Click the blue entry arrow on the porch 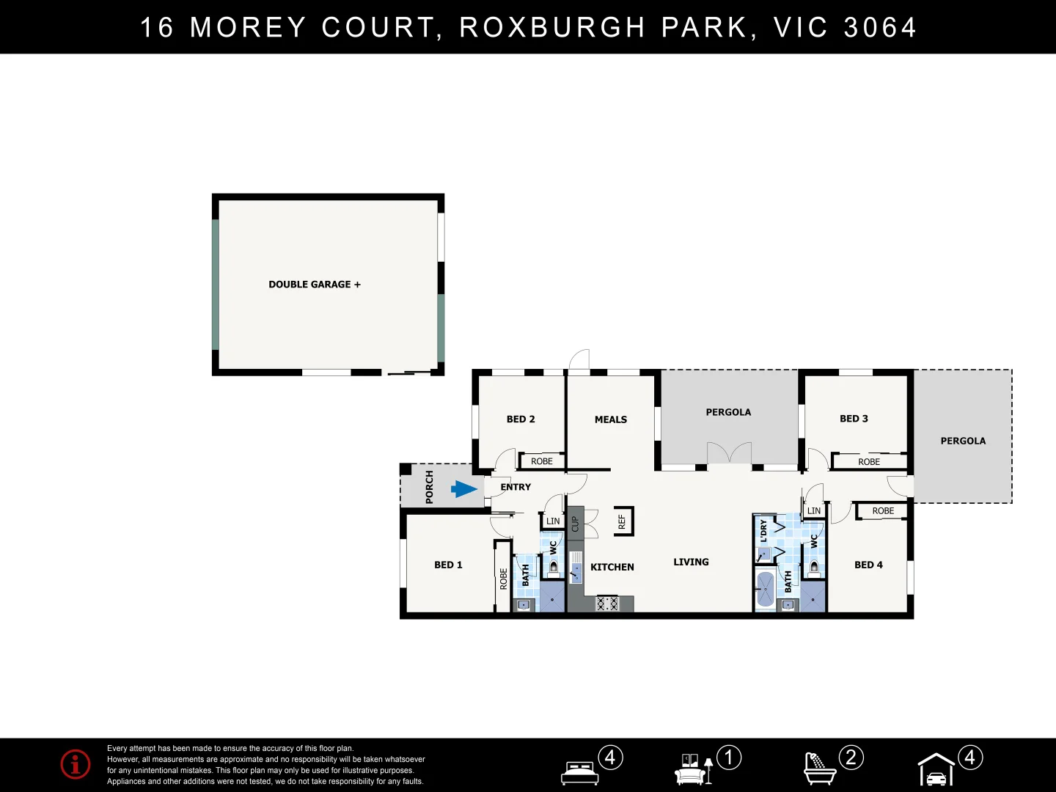point(464,489)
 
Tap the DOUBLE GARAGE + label point(315,285)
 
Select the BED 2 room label point(521,419)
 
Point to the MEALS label point(611,419)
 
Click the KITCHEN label point(612,567)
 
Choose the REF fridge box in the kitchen point(623,521)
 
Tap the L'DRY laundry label point(763,530)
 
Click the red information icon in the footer point(76,764)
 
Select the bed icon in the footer point(579,772)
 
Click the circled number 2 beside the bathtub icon point(851,757)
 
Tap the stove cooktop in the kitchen point(607,604)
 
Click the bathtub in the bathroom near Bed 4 point(765,589)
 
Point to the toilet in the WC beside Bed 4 point(813,568)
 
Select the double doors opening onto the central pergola point(729,454)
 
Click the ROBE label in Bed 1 point(503,579)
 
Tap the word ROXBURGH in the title point(552,28)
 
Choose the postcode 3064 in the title point(880,28)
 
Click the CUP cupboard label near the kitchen point(575,524)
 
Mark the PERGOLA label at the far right point(963,441)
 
